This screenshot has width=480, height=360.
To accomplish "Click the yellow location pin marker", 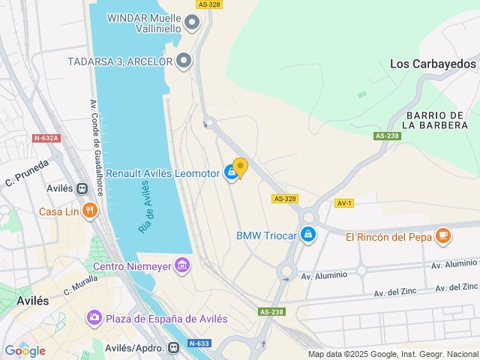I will [x=240, y=167].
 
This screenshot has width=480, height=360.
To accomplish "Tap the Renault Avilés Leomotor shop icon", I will [x=231, y=173].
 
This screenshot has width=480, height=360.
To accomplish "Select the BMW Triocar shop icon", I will [x=307, y=235].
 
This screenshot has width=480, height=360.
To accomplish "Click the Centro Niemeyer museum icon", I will [x=181, y=265].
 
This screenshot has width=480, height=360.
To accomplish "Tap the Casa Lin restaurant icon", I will [x=90, y=211].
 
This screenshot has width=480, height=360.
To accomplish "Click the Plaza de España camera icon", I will [x=94, y=319].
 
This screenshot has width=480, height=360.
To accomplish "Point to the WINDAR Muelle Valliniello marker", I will [x=193, y=23].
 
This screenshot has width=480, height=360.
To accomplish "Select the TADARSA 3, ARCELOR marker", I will [x=184, y=61].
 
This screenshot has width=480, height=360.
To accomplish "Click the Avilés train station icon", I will [x=81, y=188].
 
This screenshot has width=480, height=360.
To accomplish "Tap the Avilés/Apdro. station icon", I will [x=173, y=347].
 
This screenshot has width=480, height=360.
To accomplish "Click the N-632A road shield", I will [x=46, y=138].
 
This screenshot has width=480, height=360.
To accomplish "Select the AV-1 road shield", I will [x=344, y=203].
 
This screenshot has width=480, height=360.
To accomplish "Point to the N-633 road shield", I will [x=198, y=343].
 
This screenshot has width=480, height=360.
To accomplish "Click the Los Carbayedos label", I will [x=433, y=64].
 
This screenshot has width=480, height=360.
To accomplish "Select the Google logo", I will [x=25, y=350].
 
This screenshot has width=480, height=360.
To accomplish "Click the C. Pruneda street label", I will [x=26, y=172].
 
